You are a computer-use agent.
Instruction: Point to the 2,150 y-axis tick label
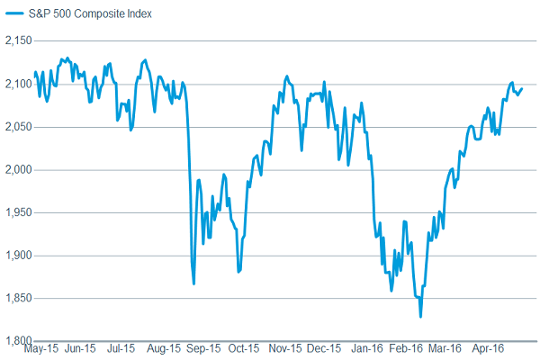(18, 41)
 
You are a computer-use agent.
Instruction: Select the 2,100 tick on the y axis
(18, 85)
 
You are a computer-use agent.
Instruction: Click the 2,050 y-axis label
(18, 127)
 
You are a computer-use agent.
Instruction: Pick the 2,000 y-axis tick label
(18, 170)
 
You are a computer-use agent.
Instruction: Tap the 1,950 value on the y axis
(18, 212)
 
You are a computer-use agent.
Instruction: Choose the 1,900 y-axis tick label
(18, 256)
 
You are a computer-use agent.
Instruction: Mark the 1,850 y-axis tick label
(18, 298)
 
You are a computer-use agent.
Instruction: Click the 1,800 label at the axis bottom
(18, 341)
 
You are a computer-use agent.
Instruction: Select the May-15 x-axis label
(41, 348)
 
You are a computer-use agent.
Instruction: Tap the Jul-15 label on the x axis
(121, 348)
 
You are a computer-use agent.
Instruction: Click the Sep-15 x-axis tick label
(202, 348)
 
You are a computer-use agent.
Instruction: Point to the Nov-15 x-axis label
(284, 348)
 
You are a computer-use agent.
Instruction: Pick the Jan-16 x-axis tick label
(367, 348)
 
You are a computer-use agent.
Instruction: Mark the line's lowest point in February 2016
(420, 317)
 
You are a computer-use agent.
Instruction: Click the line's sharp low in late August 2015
(194, 283)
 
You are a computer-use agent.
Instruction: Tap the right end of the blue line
(522, 88)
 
